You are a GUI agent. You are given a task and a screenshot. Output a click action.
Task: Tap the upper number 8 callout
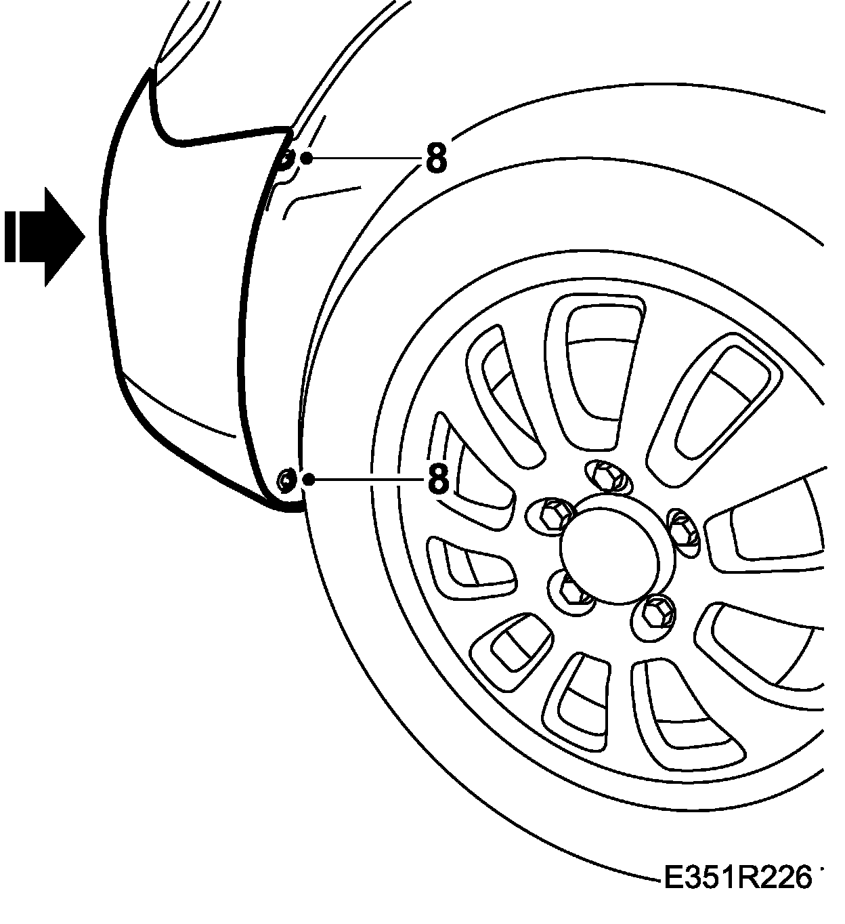point(437,158)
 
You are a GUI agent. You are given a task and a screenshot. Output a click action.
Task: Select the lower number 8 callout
point(438,479)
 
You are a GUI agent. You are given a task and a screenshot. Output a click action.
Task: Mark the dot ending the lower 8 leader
point(308,480)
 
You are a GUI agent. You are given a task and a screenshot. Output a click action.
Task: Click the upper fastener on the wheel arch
point(286,161)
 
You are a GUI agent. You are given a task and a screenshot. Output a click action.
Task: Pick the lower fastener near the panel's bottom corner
point(286,480)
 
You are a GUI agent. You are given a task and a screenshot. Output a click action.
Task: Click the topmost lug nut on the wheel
point(608,476)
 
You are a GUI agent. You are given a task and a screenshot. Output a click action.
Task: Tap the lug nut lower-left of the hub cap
point(572,589)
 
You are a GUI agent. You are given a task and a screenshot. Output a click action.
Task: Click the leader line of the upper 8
point(366,159)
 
